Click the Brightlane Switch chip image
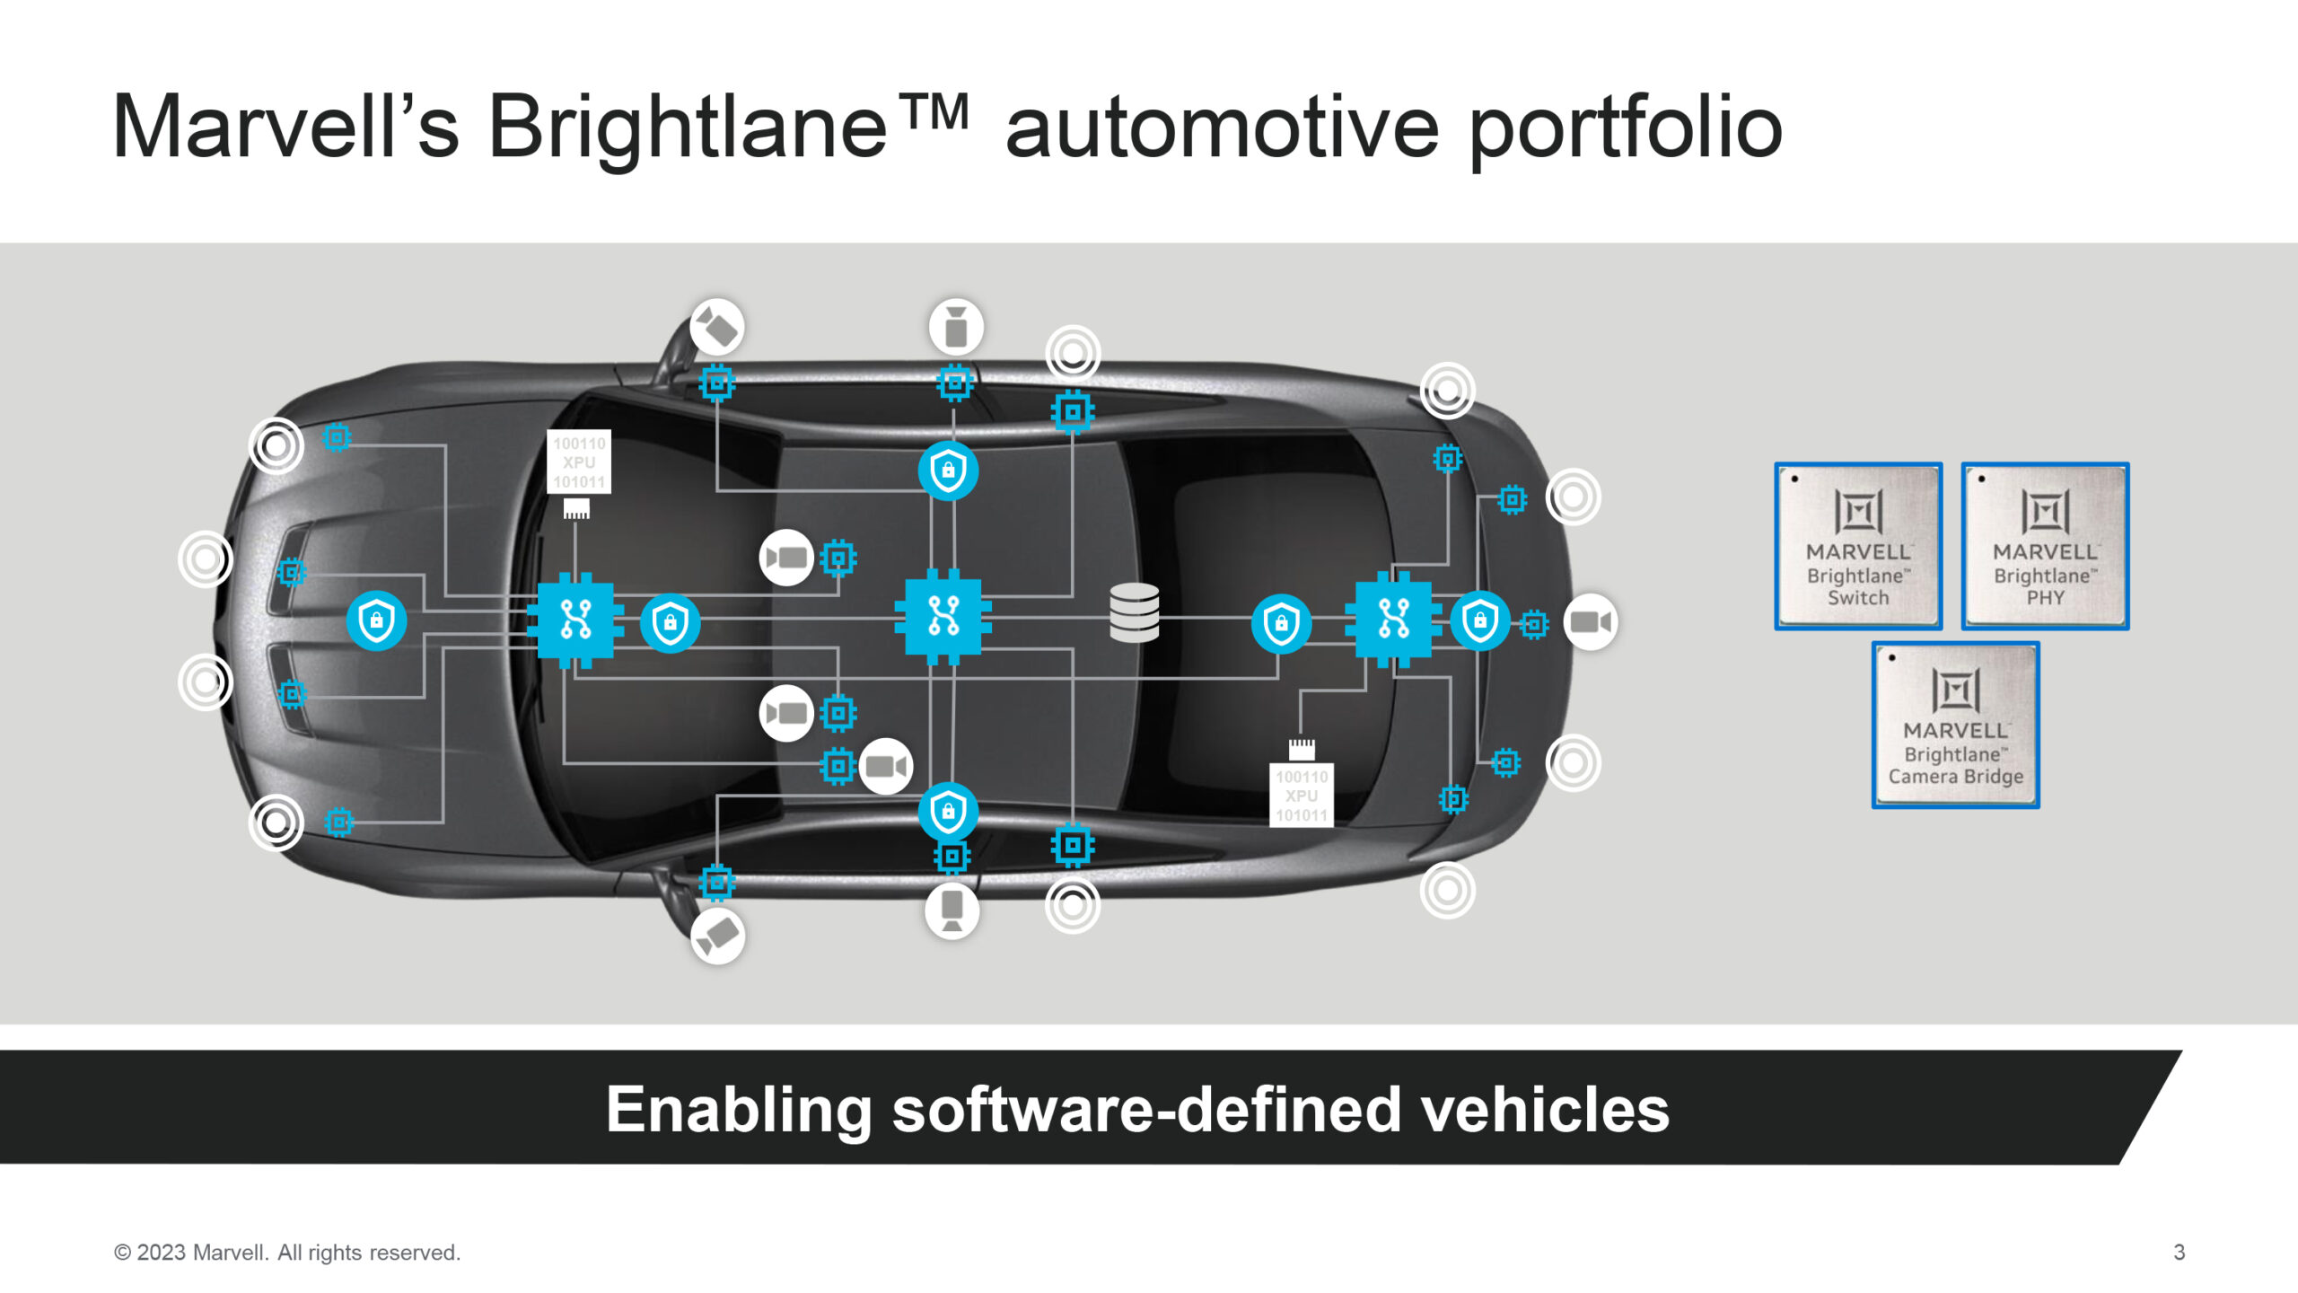(1858, 546)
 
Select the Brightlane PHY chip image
(2045, 546)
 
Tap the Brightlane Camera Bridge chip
(1955, 725)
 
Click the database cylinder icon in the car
(1134, 613)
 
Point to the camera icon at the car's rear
(1591, 621)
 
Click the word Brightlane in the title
(688, 128)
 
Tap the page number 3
(2179, 1252)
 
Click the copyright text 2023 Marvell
(287, 1252)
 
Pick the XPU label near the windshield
(579, 462)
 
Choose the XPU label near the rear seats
(1302, 796)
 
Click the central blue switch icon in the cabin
(943, 617)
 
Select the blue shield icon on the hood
(376, 620)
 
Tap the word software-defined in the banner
(1146, 1110)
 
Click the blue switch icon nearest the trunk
(1393, 619)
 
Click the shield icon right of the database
(1281, 622)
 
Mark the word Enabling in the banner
(739, 1110)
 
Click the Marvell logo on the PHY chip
(2045, 512)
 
